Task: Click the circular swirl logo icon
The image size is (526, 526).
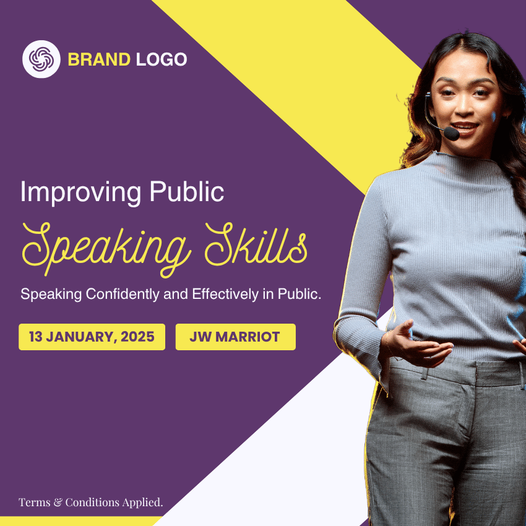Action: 41,59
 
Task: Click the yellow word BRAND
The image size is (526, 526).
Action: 99,59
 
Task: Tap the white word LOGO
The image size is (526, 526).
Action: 162,59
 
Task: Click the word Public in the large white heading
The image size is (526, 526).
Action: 186,192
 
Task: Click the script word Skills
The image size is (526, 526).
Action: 256,244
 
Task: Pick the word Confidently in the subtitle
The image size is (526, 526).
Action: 123,294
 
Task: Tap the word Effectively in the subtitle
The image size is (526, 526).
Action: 225,294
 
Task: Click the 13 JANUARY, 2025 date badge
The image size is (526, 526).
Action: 92,337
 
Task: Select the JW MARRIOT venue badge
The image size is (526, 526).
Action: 236,337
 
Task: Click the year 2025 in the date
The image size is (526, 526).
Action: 137,337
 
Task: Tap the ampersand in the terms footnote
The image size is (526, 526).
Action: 58,502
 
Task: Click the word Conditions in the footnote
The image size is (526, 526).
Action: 92,502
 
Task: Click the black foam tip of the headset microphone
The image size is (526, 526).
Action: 452,134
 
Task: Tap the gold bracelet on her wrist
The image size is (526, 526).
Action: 388,343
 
